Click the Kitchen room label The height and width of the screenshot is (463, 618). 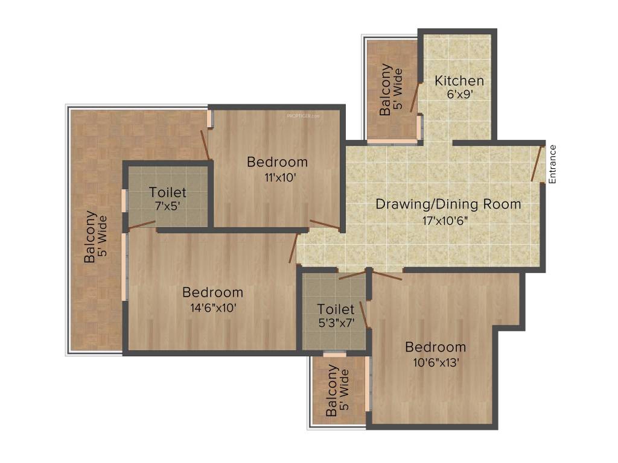click(459, 81)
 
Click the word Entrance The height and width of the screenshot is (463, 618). click(552, 164)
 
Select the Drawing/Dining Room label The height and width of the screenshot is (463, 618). click(448, 204)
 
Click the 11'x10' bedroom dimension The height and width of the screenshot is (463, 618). click(277, 177)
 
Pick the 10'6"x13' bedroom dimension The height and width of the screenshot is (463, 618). click(435, 362)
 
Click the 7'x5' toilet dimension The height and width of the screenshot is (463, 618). click(168, 205)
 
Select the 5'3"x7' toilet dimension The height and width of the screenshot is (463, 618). click(336, 323)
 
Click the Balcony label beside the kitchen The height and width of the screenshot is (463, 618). click(386, 90)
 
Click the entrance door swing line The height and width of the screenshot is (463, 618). click(537, 163)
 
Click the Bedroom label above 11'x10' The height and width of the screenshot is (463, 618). click(277, 162)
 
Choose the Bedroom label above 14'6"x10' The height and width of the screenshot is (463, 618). click(212, 292)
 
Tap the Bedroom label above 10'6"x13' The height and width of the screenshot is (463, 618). click(435, 347)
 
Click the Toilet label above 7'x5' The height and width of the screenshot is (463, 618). click(168, 193)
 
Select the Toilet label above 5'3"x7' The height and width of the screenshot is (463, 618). click(336, 309)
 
